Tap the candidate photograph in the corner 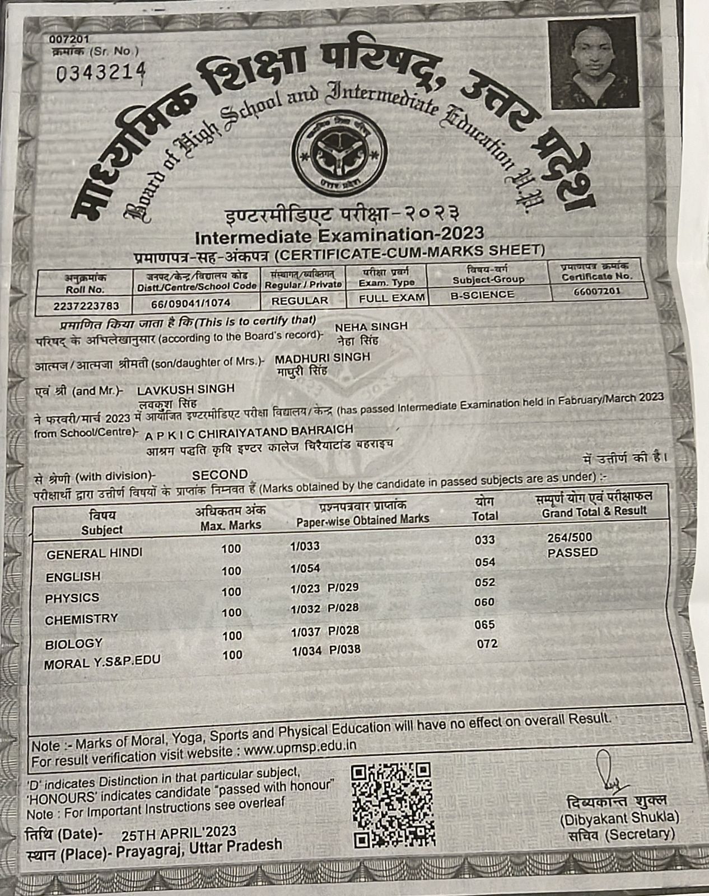click(x=594, y=63)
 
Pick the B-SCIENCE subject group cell click(x=482, y=295)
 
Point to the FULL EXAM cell click(x=392, y=298)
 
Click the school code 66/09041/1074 click(x=191, y=303)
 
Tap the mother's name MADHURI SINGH click(x=323, y=357)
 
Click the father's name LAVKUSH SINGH click(x=186, y=389)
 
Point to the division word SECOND click(x=220, y=475)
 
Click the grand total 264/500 click(x=569, y=538)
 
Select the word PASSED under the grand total click(x=572, y=553)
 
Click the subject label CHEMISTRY click(x=82, y=619)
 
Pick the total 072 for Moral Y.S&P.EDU click(x=487, y=644)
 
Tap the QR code click(x=393, y=805)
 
